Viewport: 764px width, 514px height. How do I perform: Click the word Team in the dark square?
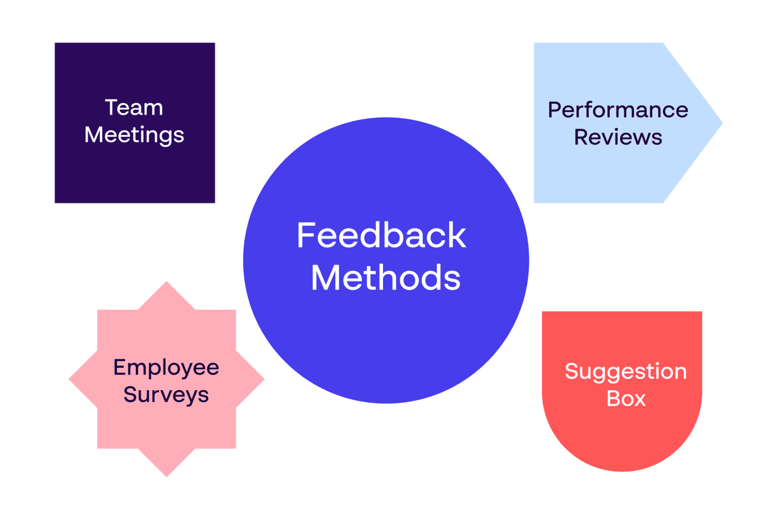[134, 107]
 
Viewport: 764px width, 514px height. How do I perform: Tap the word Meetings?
[134, 135]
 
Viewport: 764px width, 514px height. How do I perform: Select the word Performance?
[618, 110]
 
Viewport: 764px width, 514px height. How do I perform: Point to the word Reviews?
[618, 137]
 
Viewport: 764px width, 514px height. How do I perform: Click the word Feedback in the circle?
[382, 235]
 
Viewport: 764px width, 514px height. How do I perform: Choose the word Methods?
[386, 277]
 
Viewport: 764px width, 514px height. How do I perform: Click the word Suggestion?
[626, 372]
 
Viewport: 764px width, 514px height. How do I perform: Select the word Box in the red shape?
[626, 399]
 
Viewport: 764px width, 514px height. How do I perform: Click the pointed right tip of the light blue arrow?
[722, 123]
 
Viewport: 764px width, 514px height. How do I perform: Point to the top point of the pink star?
[167, 282]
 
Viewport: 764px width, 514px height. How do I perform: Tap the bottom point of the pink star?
[167, 477]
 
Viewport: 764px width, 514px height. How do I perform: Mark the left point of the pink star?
[70, 379]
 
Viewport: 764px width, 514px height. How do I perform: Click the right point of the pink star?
[264, 379]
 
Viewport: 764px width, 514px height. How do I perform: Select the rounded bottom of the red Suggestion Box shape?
[622, 471]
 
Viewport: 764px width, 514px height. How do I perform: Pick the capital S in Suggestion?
[572, 371]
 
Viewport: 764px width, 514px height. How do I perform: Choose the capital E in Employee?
[120, 367]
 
